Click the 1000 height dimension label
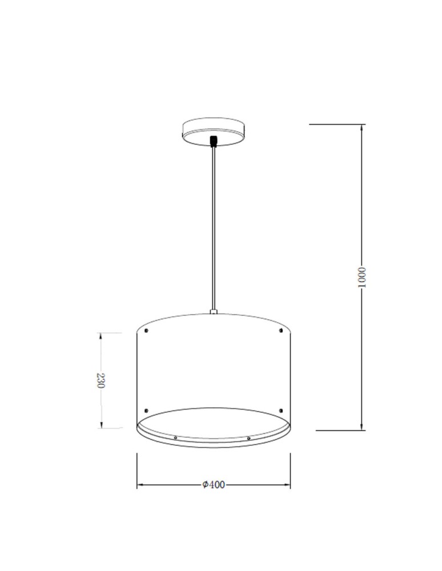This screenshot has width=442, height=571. point(360,276)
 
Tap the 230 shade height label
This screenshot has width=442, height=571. point(101,380)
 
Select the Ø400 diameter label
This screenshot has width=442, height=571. point(214,485)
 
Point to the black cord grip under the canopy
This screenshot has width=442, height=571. point(214,140)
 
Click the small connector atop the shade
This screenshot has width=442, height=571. point(214,312)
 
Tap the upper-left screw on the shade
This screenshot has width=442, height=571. point(147,331)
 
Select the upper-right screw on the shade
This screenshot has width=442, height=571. point(281,331)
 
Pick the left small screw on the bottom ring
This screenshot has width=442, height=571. point(175,437)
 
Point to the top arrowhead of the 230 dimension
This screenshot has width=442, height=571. point(101,336)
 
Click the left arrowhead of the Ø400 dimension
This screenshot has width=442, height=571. point(140,485)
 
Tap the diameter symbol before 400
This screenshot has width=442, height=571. point(205,485)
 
